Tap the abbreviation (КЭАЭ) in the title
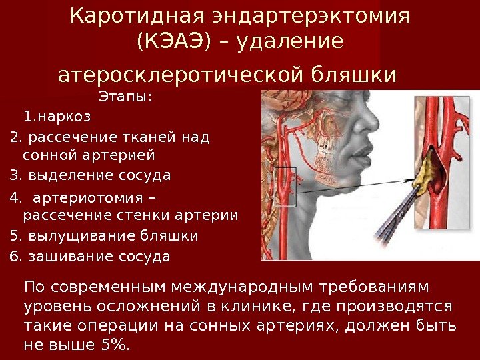point(173,42)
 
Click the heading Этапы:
point(125,97)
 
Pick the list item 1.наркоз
point(56,117)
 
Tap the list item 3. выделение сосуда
point(90,176)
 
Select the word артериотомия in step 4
point(87,199)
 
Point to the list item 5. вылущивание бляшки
point(104,236)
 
